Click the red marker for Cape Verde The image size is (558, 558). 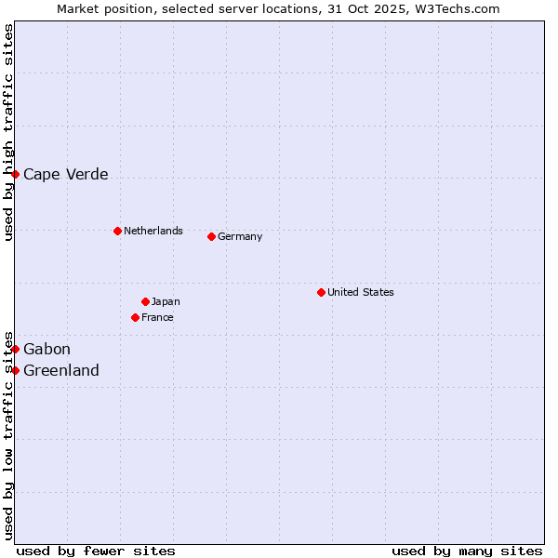[x=15, y=174]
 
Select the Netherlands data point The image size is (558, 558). [x=117, y=231]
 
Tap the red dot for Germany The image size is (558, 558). [x=211, y=236]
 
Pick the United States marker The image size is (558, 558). [x=321, y=292]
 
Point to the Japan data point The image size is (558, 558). [x=145, y=301]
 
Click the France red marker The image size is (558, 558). [x=135, y=317]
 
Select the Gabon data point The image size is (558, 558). [x=15, y=349]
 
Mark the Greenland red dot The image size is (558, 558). [x=15, y=370]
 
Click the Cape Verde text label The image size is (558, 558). [x=65, y=174]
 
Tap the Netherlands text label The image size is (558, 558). [x=153, y=231]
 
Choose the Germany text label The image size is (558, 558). [x=240, y=236]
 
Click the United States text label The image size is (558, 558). [x=360, y=292]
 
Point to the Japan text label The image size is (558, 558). [x=166, y=301]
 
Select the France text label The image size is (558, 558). [x=157, y=317]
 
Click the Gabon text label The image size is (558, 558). [x=46, y=349]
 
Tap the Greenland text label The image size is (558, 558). [x=60, y=370]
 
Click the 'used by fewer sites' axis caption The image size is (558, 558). [x=96, y=551]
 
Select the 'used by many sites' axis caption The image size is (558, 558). [x=467, y=551]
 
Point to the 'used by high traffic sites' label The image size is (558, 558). [x=8, y=132]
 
